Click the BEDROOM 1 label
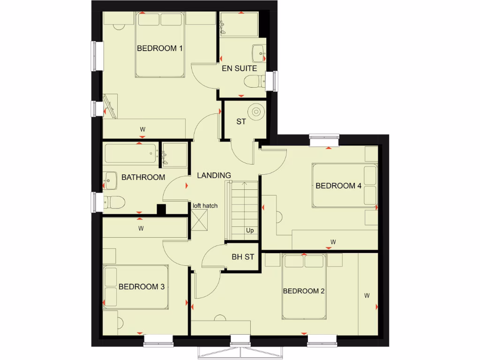[159, 48]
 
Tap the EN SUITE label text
[239, 68]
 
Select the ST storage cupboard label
[241, 122]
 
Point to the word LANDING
[214, 175]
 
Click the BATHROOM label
[143, 177]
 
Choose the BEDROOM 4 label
[338, 186]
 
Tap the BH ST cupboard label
[243, 257]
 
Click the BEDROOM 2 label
[304, 291]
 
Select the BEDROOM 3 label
[141, 287]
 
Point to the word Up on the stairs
[250, 231]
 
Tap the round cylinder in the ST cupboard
[256, 112]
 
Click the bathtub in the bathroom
[131, 154]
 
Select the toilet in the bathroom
[114, 202]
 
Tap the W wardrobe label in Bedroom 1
[142, 129]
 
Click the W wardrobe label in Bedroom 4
[333, 242]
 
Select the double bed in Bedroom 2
[304, 286]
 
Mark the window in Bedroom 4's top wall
[324, 137]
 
